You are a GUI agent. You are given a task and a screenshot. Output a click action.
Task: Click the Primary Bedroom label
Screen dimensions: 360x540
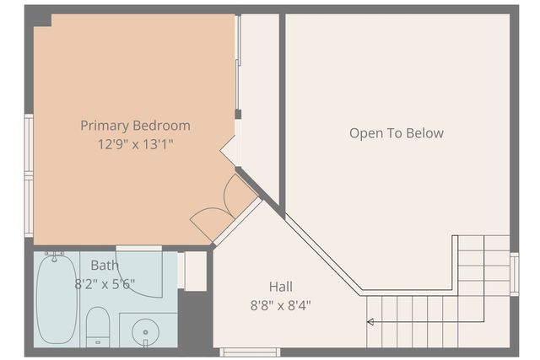click(135, 126)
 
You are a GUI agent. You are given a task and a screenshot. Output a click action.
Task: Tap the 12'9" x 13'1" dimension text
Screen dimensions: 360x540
click(135, 144)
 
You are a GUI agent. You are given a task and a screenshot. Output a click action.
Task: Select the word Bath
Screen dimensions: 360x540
click(105, 266)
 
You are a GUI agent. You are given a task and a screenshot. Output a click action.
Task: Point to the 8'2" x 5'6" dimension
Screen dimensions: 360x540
click(105, 283)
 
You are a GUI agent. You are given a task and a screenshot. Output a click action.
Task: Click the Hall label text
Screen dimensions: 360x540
click(281, 287)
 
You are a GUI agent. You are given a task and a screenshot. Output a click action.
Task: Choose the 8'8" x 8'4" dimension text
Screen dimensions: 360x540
click(281, 305)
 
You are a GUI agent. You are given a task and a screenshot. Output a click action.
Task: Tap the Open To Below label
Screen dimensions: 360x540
click(396, 133)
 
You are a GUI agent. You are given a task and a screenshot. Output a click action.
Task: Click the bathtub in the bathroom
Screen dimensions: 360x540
click(57, 299)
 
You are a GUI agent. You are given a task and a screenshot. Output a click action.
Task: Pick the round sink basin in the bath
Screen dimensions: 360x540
click(145, 332)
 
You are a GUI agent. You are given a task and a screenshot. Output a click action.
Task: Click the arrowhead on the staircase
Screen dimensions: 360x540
click(370, 321)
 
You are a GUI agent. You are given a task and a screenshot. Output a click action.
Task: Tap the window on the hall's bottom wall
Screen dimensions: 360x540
click(250, 352)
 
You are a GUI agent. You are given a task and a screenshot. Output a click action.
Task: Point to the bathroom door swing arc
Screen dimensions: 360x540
click(139, 278)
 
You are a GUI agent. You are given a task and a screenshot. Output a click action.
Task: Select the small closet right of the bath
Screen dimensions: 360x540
click(194, 271)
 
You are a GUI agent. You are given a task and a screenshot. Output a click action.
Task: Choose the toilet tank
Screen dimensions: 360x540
click(98, 341)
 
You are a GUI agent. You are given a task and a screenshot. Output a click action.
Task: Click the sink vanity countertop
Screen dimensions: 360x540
click(148, 329)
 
